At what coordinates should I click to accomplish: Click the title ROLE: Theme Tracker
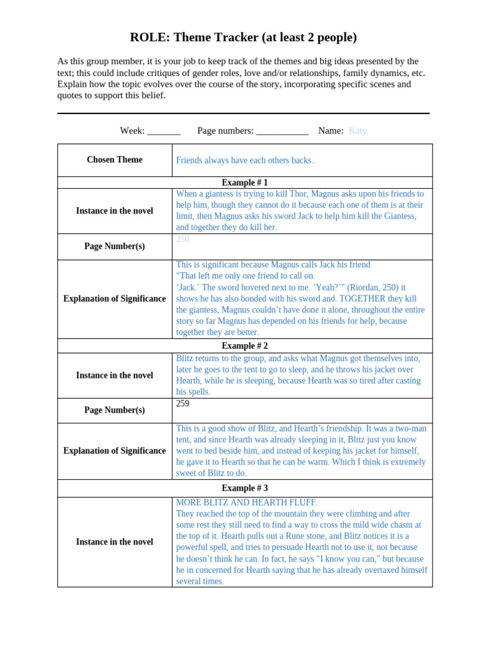(243, 37)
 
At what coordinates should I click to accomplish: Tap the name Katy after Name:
(358, 131)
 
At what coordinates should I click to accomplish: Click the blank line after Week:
(164, 132)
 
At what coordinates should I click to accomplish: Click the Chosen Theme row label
(115, 160)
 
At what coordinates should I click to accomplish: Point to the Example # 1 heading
(245, 183)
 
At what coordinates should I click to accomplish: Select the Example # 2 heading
(245, 346)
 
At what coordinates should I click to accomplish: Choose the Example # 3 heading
(245, 488)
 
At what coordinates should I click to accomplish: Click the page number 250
(183, 239)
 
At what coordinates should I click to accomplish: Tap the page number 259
(183, 404)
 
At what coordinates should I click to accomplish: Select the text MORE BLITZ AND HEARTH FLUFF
(247, 503)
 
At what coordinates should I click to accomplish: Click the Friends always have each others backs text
(245, 160)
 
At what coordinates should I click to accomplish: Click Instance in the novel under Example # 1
(115, 211)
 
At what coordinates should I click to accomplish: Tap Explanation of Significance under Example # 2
(115, 451)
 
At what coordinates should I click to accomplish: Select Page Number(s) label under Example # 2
(115, 410)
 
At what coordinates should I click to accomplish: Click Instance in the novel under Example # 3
(115, 542)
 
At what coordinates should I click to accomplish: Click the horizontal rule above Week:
(243, 113)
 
